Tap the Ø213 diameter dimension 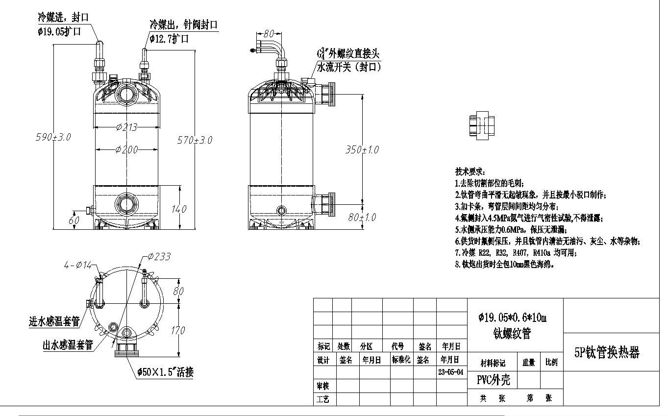(x=126, y=127)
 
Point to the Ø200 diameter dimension (x=126, y=149)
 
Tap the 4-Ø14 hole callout (x=78, y=265)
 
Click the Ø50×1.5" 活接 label (x=165, y=372)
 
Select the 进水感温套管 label (x=54, y=322)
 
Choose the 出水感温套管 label (x=68, y=345)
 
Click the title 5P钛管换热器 (x=607, y=352)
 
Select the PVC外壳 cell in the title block (x=494, y=380)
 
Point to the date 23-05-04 (x=450, y=372)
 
